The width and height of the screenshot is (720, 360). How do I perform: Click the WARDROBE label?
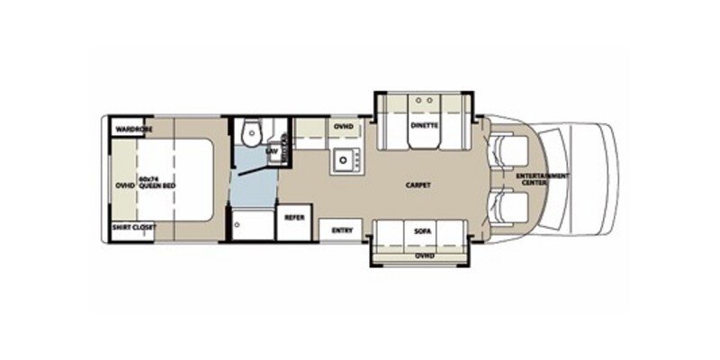(132, 129)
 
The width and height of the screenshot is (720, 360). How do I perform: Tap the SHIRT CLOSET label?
(132, 229)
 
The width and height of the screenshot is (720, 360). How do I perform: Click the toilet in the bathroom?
(251, 134)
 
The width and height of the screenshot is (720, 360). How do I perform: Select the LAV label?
(270, 151)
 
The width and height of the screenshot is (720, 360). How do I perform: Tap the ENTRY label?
(341, 230)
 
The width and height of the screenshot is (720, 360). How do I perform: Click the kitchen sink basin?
(342, 161)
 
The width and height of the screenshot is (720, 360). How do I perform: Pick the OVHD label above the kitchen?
(343, 127)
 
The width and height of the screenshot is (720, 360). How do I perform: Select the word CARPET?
(418, 185)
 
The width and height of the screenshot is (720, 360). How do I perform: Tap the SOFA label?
(423, 231)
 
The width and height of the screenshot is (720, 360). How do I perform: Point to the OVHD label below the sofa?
(423, 256)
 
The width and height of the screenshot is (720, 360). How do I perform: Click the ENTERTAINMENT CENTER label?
(543, 178)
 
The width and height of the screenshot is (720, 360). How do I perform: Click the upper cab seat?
(506, 150)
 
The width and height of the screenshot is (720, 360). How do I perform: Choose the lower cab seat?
(506, 209)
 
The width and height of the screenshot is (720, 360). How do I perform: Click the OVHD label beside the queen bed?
(124, 185)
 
